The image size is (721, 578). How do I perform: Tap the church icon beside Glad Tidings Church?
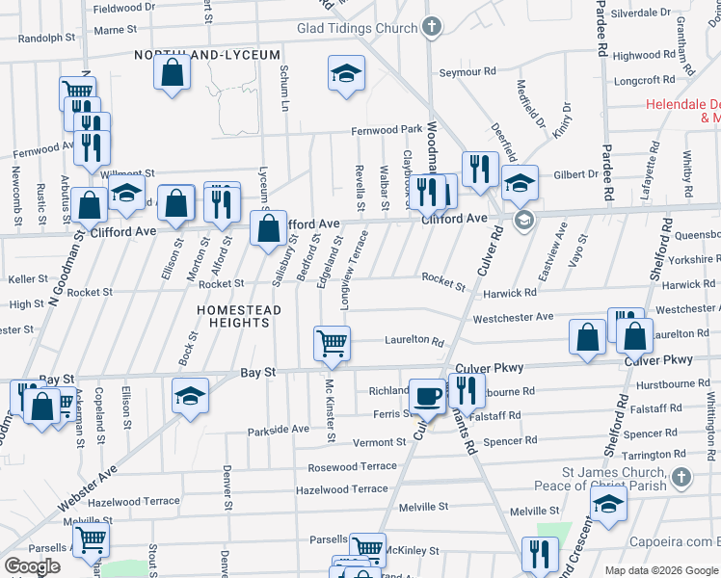coord(432,26)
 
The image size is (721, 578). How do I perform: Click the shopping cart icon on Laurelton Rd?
coord(332,342)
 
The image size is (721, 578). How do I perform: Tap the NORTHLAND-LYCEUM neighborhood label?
coord(208,55)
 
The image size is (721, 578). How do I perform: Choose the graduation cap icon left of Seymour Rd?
coord(346,73)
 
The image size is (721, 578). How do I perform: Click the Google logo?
coord(32,565)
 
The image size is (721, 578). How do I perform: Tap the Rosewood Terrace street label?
coord(352,466)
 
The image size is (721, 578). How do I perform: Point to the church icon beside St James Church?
coord(681,477)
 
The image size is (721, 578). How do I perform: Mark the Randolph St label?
coord(46,39)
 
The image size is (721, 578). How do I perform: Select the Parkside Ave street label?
coord(278,429)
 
